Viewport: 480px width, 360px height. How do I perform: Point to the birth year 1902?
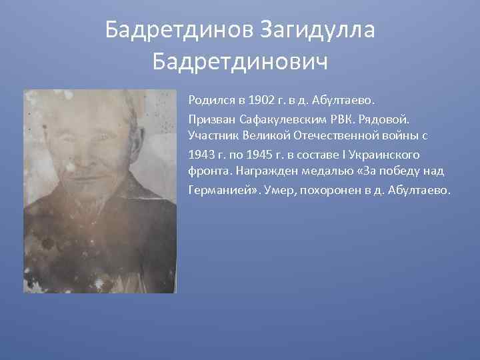click(260, 101)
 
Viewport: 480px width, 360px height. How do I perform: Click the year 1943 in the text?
click(201, 153)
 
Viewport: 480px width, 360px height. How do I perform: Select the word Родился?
click(209, 101)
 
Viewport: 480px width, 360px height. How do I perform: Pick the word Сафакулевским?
click(273, 119)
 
